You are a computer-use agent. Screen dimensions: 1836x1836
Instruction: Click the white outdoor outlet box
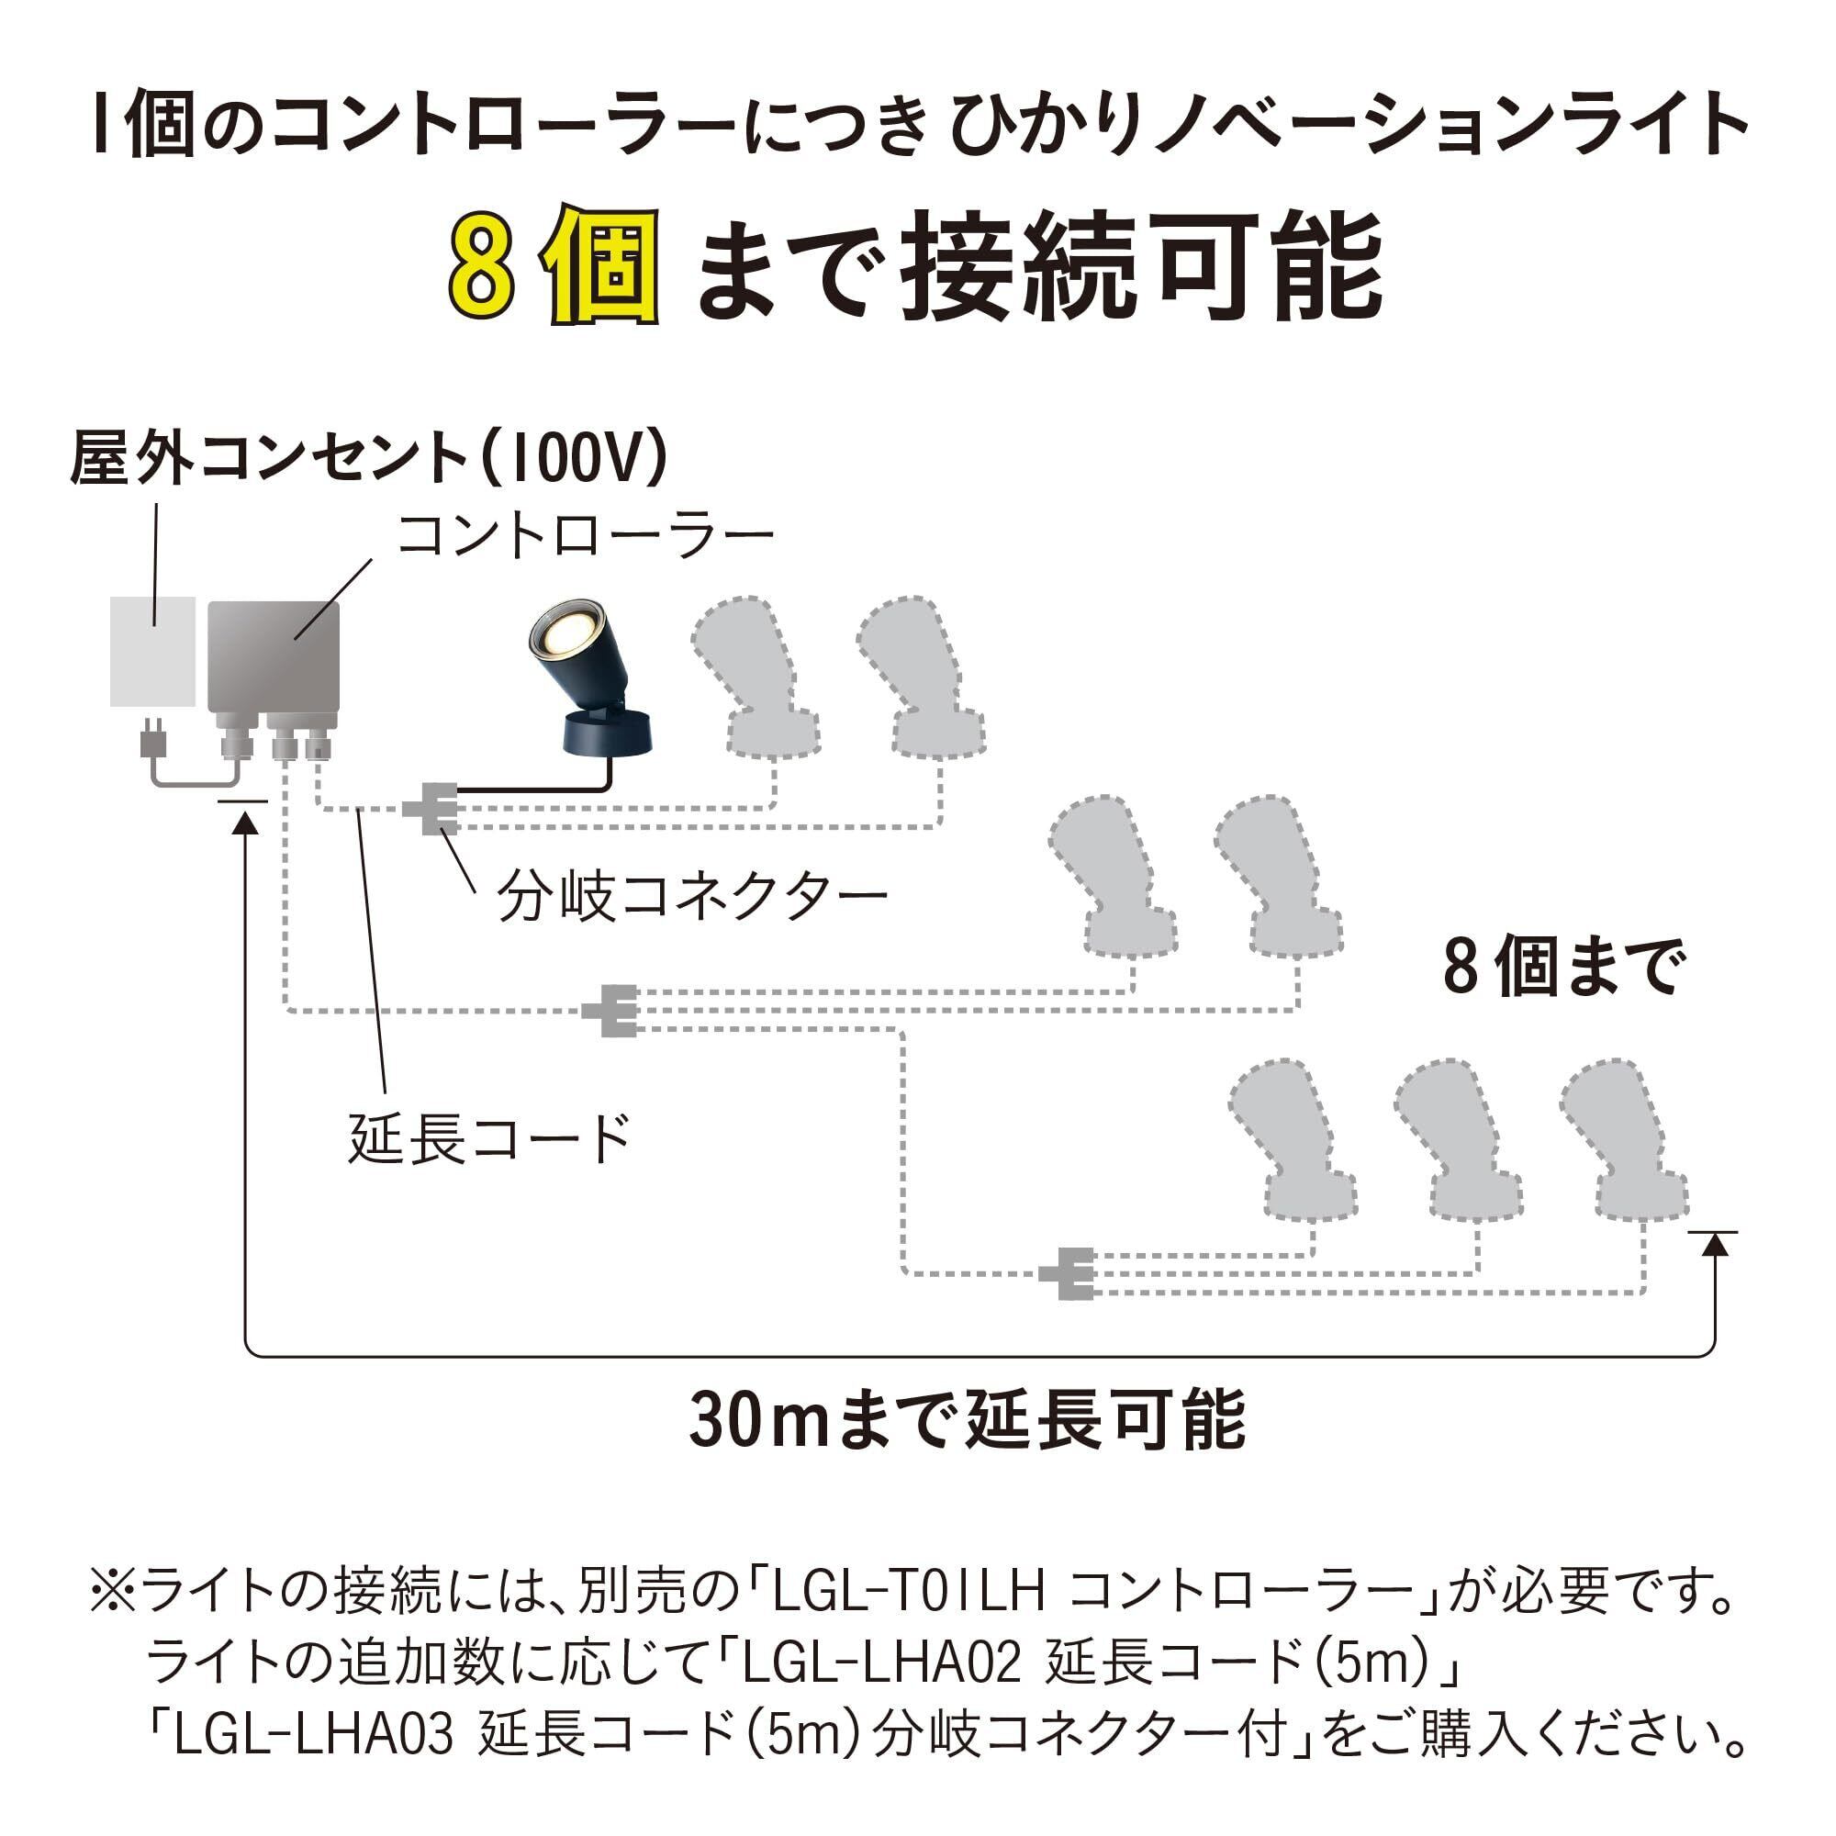[x=153, y=652]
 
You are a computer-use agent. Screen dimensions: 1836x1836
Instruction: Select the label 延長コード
[x=489, y=1138]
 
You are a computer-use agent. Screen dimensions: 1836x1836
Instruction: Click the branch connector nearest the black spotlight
[x=433, y=809]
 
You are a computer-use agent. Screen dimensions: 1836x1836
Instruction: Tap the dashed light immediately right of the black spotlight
[x=756, y=677]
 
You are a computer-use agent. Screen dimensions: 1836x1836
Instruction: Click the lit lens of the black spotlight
[x=567, y=633]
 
